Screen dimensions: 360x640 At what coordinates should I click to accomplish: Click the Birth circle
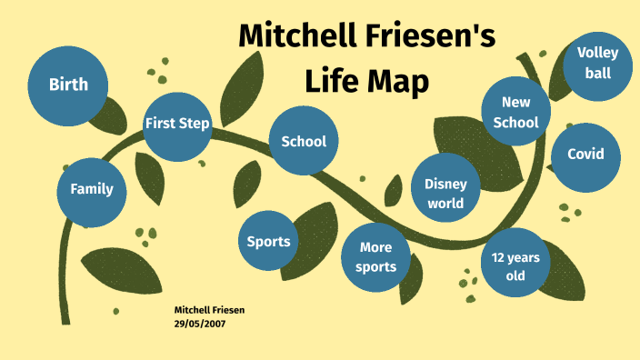point(69,85)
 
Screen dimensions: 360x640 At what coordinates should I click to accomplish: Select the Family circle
point(92,189)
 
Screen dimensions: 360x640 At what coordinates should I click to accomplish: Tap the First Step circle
point(177,124)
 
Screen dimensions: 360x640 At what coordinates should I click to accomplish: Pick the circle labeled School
point(304,141)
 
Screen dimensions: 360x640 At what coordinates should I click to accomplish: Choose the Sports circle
point(269,241)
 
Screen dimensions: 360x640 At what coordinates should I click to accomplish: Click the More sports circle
point(377,257)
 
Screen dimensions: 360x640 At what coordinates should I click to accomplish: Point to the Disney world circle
point(445,193)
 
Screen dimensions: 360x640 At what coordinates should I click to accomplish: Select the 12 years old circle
point(515,265)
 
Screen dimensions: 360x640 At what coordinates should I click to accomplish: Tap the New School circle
point(515,112)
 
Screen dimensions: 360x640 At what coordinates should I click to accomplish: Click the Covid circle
point(585,155)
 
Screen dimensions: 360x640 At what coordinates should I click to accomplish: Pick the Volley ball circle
point(597,62)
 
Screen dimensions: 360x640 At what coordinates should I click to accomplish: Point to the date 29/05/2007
point(200,322)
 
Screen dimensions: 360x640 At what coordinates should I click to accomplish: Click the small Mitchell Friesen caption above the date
point(209,310)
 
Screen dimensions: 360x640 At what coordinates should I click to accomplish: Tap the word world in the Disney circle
point(445,203)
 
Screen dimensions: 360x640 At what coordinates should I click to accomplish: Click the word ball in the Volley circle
point(597,72)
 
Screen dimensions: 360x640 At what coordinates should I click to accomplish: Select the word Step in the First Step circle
point(195,124)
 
